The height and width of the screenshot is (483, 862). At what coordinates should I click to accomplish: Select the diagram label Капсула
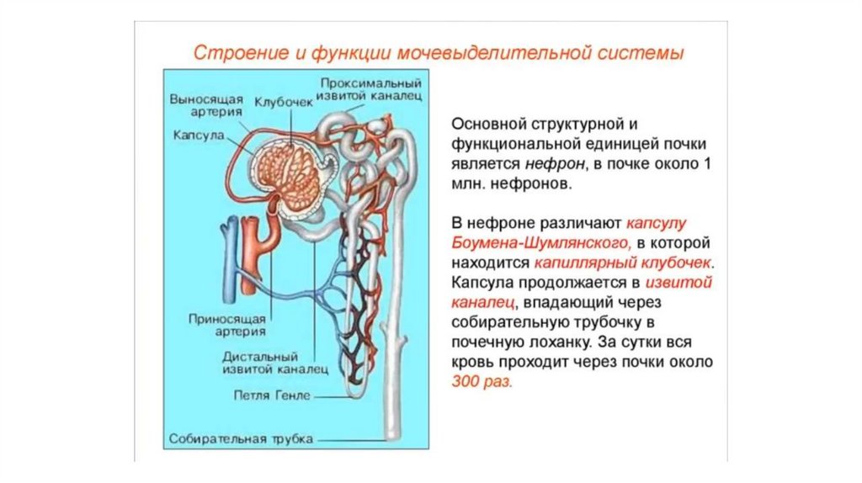pos(197,135)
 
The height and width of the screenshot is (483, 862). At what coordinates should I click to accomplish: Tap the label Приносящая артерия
pos(228,325)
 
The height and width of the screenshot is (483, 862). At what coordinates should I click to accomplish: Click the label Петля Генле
pos(273,394)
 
